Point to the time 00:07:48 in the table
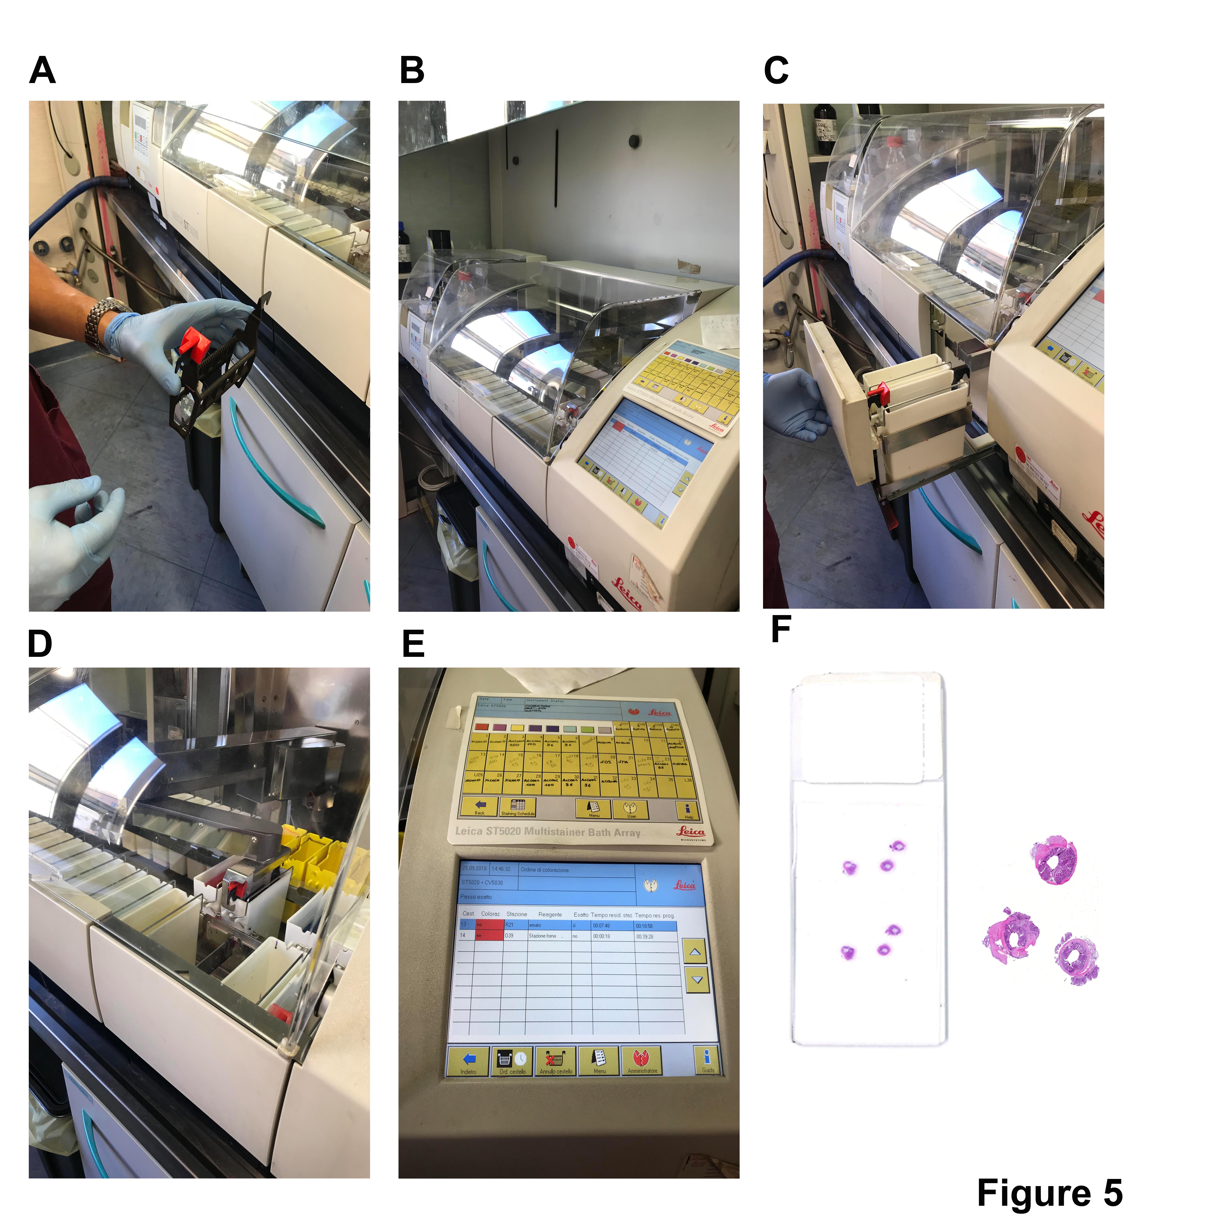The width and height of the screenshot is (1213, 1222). pyautogui.click(x=601, y=925)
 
